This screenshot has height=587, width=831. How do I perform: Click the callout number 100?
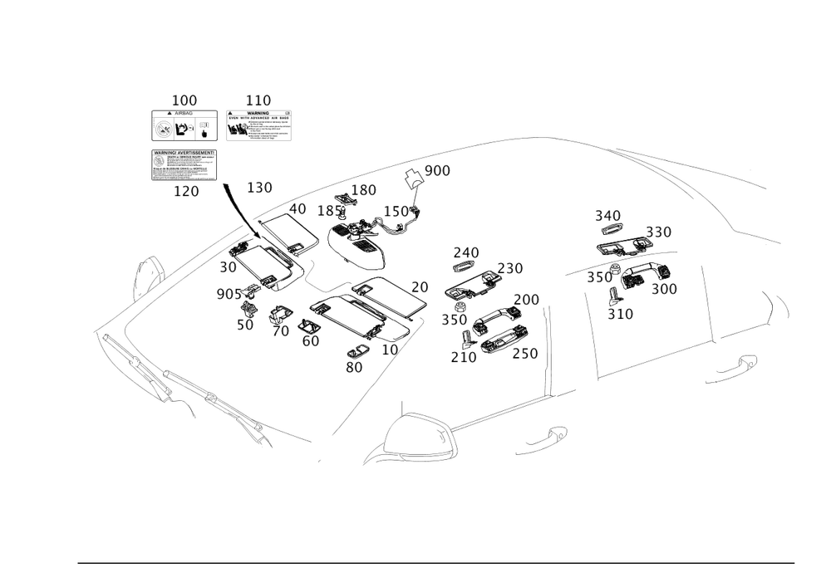click(x=184, y=100)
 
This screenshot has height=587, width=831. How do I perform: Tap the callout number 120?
click(x=184, y=191)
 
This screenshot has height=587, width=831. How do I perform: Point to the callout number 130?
click(x=259, y=188)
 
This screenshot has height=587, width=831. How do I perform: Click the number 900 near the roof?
click(x=437, y=170)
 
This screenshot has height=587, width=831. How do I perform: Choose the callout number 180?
click(x=364, y=191)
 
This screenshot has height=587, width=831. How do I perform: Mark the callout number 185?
click(x=331, y=210)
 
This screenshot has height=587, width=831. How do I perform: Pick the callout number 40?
click(x=297, y=208)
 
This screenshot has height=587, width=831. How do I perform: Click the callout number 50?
click(x=244, y=325)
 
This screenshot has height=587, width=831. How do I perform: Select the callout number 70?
click(x=281, y=331)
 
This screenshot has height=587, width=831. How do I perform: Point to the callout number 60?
click(x=311, y=340)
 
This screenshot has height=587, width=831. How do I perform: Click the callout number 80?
click(x=355, y=366)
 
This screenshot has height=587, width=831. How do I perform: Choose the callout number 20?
click(x=420, y=286)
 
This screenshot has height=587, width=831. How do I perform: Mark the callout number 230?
click(x=510, y=268)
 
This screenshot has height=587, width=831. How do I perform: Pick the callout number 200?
click(x=526, y=299)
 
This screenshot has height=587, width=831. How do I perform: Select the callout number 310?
click(x=621, y=314)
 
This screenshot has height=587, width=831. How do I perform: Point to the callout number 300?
click(x=664, y=288)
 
